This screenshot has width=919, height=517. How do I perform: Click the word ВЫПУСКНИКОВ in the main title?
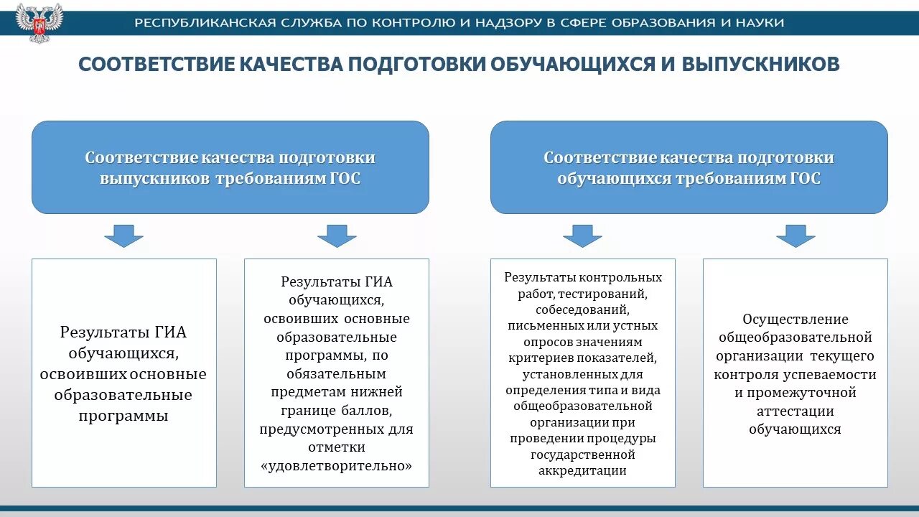tap(760, 64)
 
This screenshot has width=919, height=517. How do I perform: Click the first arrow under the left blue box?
tap(123, 236)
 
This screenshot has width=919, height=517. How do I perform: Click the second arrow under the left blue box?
tap(337, 236)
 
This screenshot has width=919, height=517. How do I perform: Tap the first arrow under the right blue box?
tap(582, 236)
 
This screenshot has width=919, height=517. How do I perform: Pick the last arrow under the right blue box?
tap(796, 236)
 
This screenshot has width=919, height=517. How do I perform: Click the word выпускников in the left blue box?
tap(154, 179)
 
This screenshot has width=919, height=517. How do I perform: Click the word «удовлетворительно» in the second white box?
tap(337, 465)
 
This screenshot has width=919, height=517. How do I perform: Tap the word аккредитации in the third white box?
tap(582, 471)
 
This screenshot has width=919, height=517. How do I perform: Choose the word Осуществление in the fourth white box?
tap(796, 319)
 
